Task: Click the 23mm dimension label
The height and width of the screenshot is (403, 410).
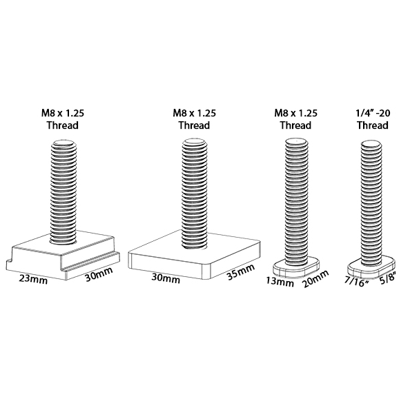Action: pos(33,280)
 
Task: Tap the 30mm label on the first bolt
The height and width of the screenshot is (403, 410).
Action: pos(99,274)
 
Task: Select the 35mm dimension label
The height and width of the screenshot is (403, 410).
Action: pos(241,271)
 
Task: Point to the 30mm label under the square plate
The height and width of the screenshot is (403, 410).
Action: pos(166,278)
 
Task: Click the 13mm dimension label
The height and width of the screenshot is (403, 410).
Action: pos(280,282)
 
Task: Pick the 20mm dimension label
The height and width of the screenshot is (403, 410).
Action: pos(315,279)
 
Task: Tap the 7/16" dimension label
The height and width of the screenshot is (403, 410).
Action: pos(356,281)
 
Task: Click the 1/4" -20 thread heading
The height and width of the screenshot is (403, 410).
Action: pos(373,113)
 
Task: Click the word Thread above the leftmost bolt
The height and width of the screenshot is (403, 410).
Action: pos(63,125)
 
